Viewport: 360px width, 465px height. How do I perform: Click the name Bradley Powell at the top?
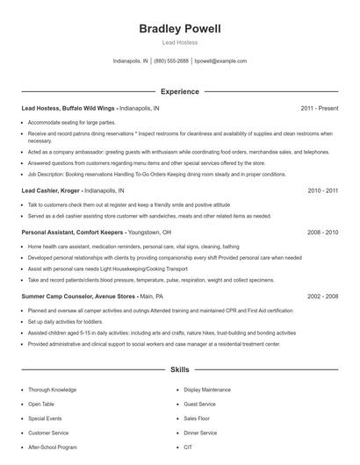tap(180, 29)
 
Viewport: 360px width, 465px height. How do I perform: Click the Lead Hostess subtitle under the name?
tap(180, 42)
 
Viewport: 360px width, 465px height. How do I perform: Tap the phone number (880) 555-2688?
tap(171, 61)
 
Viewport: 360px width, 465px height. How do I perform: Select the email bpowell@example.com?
tap(220, 61)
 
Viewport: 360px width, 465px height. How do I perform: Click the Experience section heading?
tap(180, 91)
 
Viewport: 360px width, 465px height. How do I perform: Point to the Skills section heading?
tap(180, 370)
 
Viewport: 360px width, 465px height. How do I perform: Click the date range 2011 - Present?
tap(319, 108)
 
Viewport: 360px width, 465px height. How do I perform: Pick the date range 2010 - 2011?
tap(321, 190)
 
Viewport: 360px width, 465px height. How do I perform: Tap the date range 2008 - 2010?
tap(321, 232)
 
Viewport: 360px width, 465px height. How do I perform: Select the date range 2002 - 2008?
tap(321, 297)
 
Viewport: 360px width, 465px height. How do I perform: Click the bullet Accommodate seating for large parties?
tap(70, 122)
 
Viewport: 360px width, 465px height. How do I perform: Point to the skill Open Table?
tap(40, 404)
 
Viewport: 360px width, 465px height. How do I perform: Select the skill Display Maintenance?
tap(207, 389)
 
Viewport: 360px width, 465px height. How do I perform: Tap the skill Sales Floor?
tap(198, 418)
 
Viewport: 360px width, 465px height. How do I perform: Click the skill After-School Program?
tap(52, 447)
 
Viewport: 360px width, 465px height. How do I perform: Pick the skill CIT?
tap(188, 447)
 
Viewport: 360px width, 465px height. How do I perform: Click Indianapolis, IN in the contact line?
tap(131, 61)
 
